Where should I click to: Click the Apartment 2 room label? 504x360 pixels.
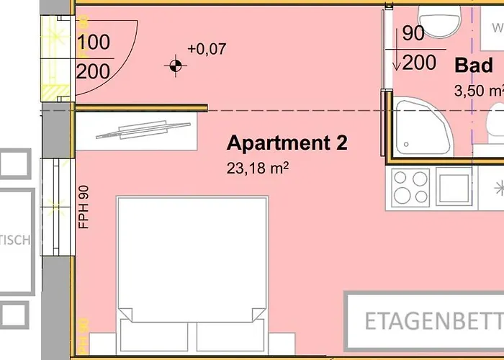pos(287,143)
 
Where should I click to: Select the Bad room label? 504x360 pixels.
pos(474,65)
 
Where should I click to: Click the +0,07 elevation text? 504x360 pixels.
pos(207,49)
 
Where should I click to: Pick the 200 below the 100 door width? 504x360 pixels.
pos(93,71)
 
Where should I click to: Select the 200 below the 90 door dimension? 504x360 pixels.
pos(419,63)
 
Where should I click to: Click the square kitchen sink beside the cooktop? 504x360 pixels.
pos(455,187)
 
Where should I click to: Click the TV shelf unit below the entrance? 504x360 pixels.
pos(137,132)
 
